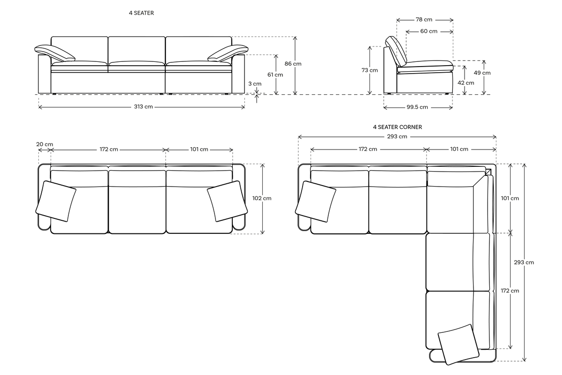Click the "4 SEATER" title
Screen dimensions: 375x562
(141, 13)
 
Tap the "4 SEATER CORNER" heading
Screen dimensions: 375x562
(397, 127)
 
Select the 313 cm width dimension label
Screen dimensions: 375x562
(143, 107)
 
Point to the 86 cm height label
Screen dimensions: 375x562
(294, 64)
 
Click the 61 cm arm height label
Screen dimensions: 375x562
(275, 75)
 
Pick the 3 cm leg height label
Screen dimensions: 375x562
(255, 83)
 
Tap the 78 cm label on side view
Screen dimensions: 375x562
(424, 20)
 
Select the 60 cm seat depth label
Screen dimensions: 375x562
(429, 31)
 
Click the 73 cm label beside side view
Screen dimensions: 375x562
(370, 70)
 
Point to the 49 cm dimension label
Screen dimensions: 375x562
(482, 73)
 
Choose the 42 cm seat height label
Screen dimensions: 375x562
(466, 82)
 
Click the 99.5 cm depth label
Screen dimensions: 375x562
(417, 107)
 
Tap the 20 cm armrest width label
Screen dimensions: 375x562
(44, 144)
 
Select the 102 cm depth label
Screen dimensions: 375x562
(262, 198)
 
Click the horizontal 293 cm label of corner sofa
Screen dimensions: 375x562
(397, 136)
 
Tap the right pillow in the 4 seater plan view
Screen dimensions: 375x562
(227, 201)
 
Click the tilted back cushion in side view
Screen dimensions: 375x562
(396, 51)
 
